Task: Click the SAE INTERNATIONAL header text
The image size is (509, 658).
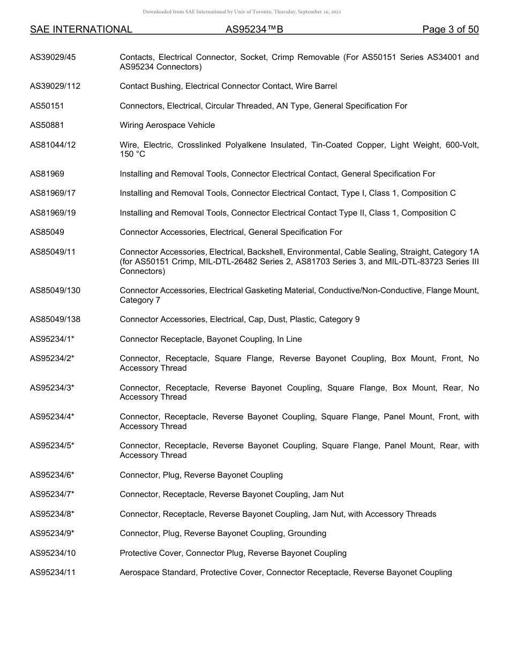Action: tap(81, 29)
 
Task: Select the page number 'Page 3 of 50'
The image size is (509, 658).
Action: tap(450, 29)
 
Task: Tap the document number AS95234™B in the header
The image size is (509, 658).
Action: tap(254, 29)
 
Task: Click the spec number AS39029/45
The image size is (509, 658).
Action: tap(53, 57)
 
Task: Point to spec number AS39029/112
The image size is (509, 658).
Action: tap(55, 86)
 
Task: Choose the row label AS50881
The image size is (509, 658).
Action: tap(47, 125)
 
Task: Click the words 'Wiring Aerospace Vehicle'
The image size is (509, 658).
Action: tap(167, 125)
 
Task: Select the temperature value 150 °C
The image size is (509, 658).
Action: tap(132, 154)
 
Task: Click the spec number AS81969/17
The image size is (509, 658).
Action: tap(53, 193)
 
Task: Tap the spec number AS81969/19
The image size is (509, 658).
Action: tap(53, 213)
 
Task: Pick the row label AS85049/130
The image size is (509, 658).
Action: tap(55, 290)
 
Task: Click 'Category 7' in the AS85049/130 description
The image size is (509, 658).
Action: tap(140, 300)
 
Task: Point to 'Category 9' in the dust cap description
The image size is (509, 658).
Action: tap(339, 319)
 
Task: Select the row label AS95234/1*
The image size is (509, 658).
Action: tap(52, 339)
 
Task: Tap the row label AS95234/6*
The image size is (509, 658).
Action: tap(52, 475)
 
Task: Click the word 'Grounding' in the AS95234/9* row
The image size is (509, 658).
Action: tap(307, 533)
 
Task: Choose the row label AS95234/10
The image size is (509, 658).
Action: tap(53, 553)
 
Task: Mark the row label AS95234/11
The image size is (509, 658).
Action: tap(53, 572)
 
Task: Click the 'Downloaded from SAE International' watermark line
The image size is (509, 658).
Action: tap(242, 12)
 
